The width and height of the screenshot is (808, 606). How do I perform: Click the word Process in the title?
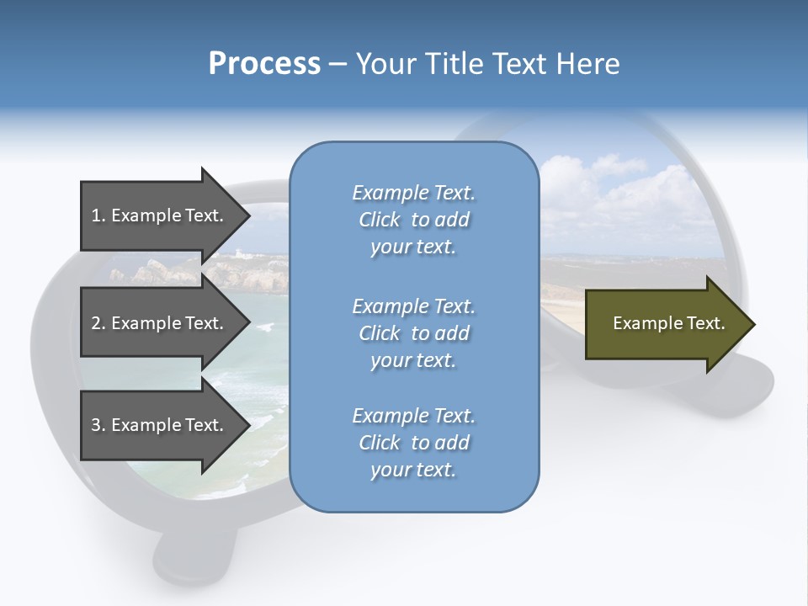264,64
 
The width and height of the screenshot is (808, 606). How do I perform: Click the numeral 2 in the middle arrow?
96,323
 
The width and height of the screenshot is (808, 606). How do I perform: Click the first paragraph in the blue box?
413,220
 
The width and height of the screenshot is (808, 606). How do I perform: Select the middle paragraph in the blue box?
413,333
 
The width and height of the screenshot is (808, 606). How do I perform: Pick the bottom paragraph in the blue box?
413,443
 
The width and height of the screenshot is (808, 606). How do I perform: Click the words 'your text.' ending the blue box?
413,470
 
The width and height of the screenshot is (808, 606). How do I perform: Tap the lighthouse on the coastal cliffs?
241,253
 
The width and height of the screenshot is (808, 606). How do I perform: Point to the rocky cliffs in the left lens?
151,272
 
